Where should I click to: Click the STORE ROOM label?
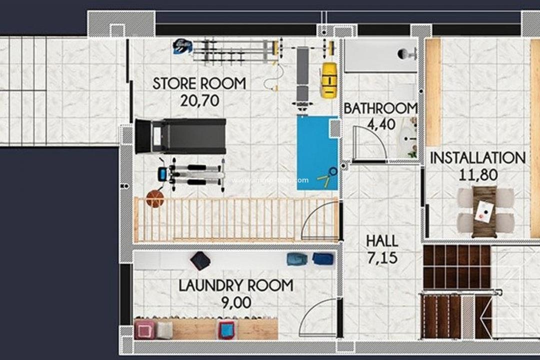coord(199,83)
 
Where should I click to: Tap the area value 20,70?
coord(199,101)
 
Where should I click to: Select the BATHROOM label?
coord(380,108)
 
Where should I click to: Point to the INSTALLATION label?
coord(477,158)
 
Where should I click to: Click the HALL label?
coord(382,241)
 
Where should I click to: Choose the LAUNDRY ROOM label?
coord(236,286)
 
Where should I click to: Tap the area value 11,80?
coord(477,175)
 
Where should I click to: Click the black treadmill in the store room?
coord(180,136)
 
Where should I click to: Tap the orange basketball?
coord(155,199)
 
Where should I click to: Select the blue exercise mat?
coord(316,152)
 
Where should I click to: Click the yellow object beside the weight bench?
coord(328,79)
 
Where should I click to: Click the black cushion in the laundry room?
coord(200,260)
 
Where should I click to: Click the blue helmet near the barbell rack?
coord(181,46)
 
